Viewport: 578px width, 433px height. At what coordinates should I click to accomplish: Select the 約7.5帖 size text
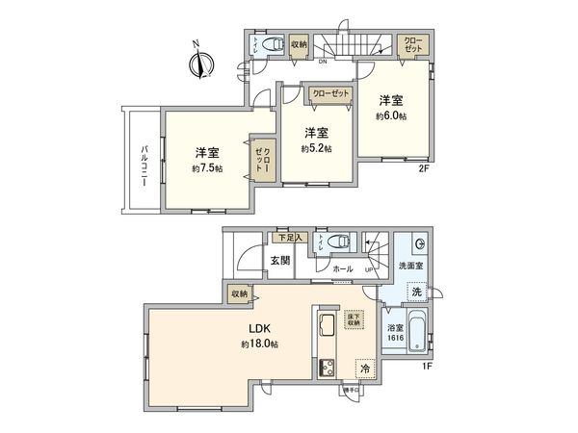coord(205,168)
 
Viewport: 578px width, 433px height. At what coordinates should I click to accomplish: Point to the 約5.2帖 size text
coord(315,149)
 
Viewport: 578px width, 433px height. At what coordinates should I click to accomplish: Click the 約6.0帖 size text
coord(391,115)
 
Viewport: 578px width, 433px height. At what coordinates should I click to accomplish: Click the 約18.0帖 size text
coord(260,344)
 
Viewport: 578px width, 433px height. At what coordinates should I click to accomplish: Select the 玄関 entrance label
coord(279,261)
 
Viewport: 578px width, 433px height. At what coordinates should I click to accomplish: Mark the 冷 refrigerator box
coord(365,367)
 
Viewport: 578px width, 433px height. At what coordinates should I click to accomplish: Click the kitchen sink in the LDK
coord(325,324)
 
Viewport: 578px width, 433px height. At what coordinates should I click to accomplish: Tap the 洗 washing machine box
coord(416,291)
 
